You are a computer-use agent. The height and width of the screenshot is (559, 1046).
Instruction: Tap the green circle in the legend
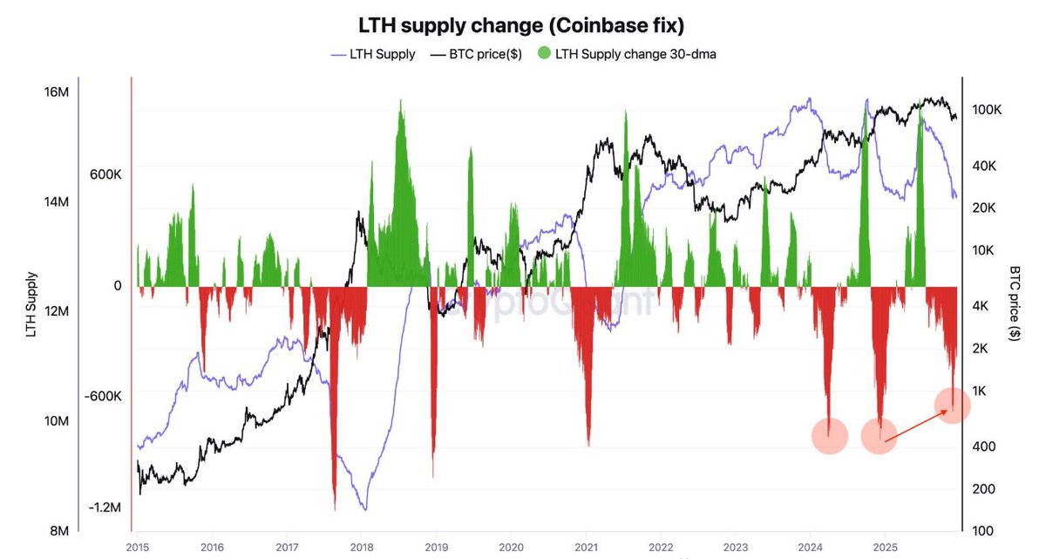[545, 54]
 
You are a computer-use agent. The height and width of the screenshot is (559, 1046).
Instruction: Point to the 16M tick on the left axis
[56, 92]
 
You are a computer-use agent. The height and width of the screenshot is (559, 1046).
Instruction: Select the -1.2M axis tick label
[105, 508]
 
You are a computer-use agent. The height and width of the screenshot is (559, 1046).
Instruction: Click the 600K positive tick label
[105, 174]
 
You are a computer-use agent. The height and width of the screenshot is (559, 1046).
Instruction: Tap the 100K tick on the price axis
[988, 111]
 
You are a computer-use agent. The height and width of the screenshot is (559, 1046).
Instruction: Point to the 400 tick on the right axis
[983, 447]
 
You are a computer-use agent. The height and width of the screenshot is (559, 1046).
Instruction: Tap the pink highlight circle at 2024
[829, 435]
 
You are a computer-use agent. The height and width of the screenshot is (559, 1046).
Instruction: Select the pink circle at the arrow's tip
[953, 404]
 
